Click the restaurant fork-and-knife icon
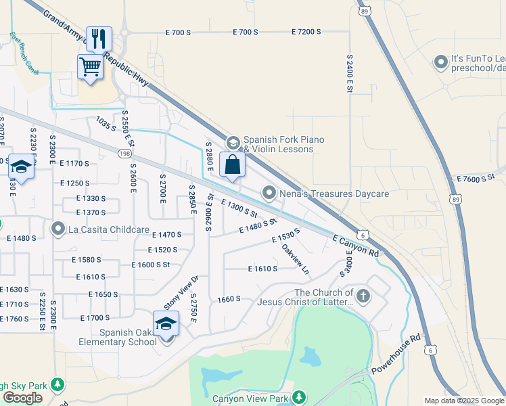(x=99, y=39)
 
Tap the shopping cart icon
(x=90, y=67)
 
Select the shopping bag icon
(x=232, y=164)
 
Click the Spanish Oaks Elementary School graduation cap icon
(x=166, y=323)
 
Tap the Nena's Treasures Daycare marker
(x=269, y=194)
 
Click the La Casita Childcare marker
(x=58, y=229)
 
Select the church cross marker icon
(x=363, y=296)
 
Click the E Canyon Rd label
(x=356, y=244)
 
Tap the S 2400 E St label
(x=350, y=78)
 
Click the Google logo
(x=22, y=397)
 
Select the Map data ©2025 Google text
(x=463, y=401)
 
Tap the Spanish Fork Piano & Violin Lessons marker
(x=233, y=143)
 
